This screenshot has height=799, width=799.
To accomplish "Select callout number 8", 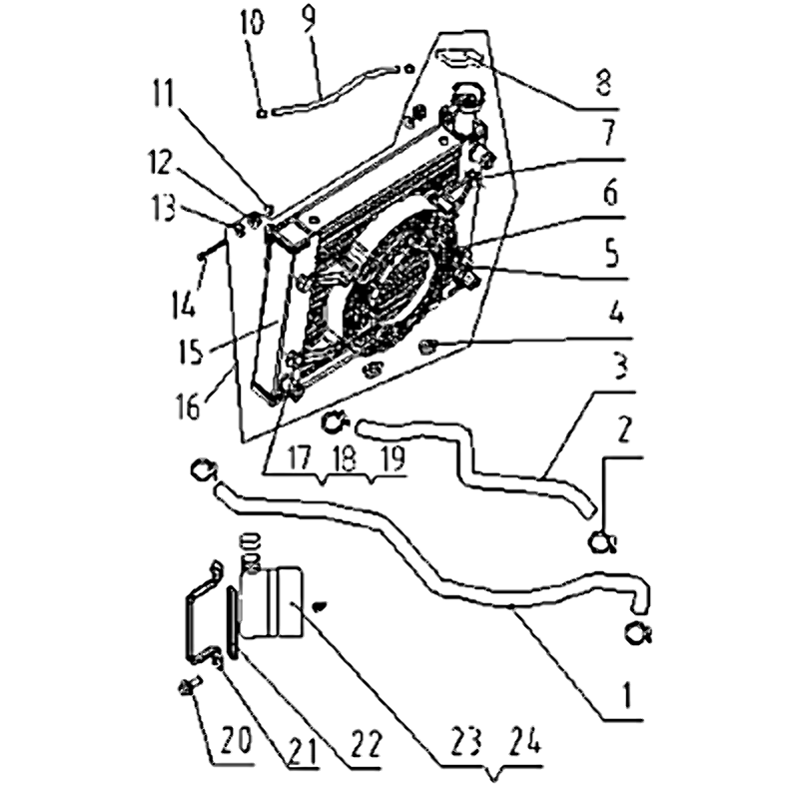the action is point(603,83).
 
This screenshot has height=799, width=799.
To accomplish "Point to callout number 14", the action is point(184,302).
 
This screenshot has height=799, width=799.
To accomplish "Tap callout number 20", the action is point(238,740).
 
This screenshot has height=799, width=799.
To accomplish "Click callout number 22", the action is point(367,744).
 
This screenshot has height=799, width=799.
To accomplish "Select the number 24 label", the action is point(526,739).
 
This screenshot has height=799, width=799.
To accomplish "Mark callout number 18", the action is point(346,457).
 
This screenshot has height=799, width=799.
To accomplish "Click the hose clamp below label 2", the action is point(602,542).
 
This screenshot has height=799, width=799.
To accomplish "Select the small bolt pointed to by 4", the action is point(426,348).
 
